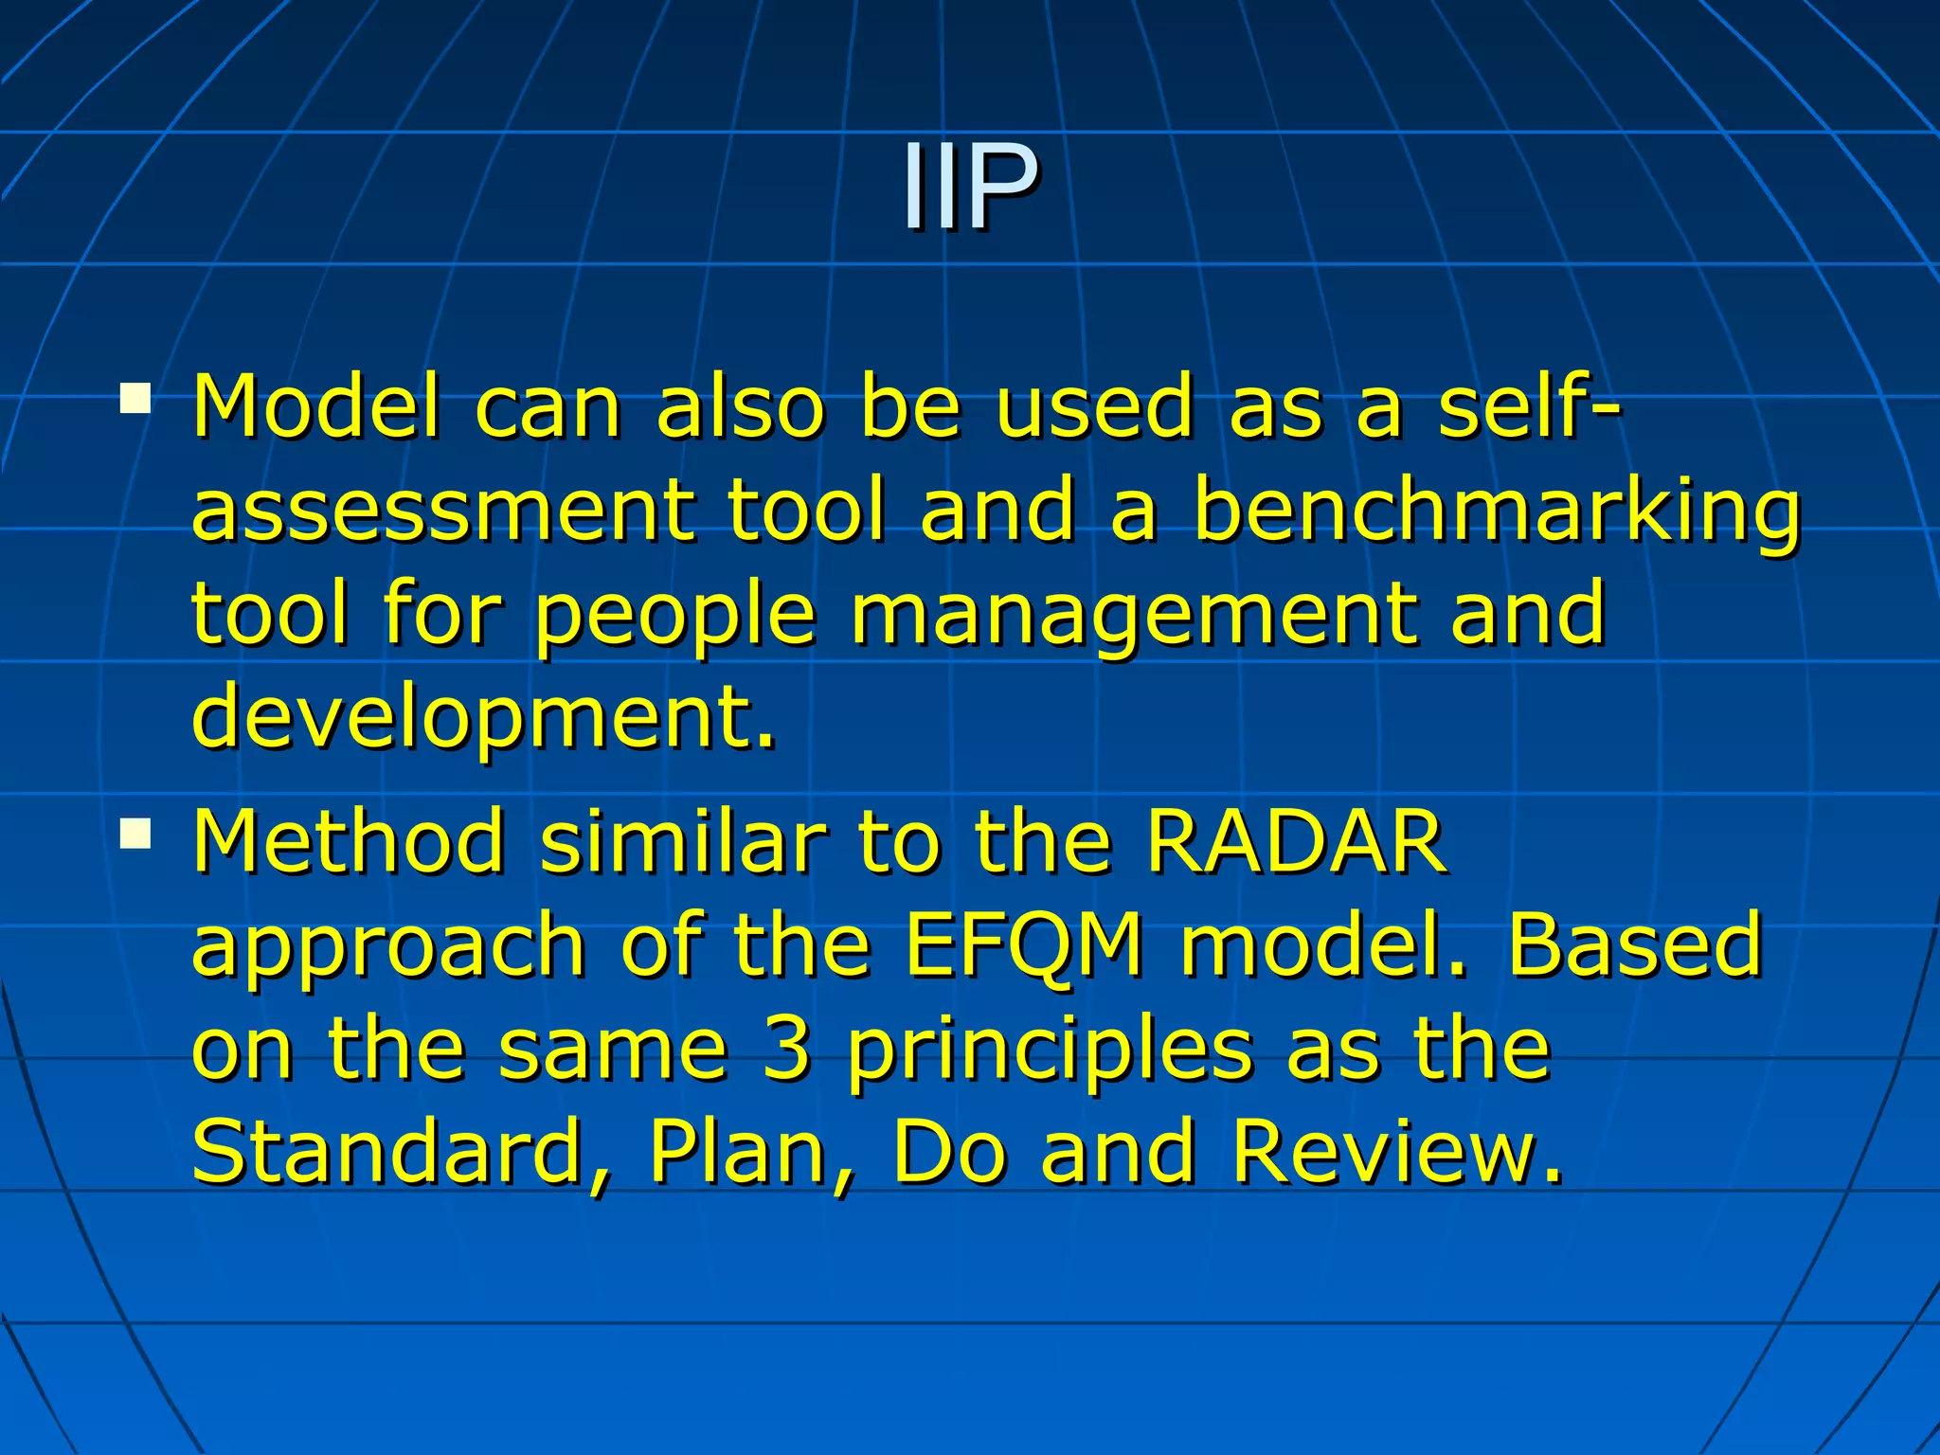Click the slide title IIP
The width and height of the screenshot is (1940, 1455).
[x=969, y=186]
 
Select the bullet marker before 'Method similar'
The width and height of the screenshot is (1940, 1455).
[x=135, y=834]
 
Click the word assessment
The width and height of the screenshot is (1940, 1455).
[x=440, y=512]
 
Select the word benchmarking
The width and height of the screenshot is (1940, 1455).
[x=1497, y=512]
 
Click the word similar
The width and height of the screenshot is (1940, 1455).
[x=682, y=841]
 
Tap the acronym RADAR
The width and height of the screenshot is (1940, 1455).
[x=1296, y=841]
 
